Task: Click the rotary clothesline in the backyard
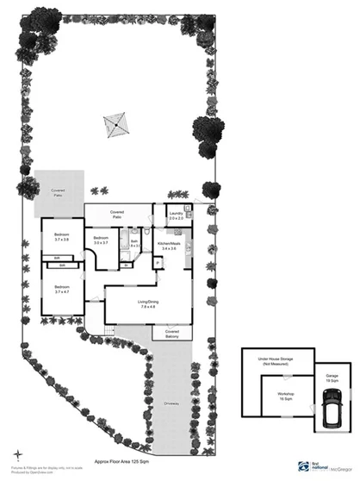[x=114, y=126]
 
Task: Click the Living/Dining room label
[x=148, y=303]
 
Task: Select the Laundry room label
[x=177, y=216]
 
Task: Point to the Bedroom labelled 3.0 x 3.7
[x=101, y=240]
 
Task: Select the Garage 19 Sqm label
[x=332, y=378]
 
